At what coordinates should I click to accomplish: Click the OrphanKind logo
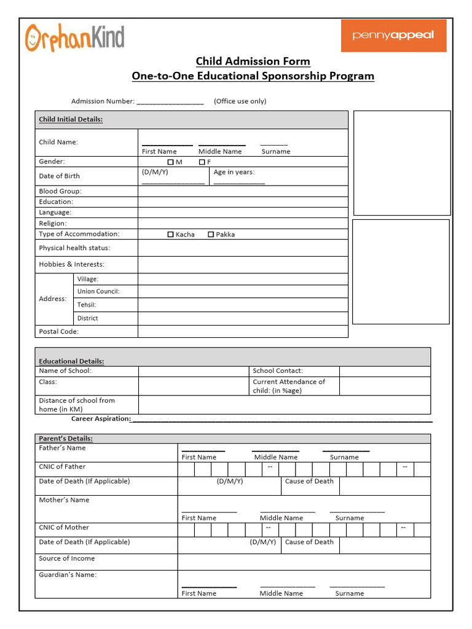tap(74, 37)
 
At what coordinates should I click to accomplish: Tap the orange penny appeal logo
tap(393, 35)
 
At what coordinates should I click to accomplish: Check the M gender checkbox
tap(171, 162)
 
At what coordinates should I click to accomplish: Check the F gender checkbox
tap(202, 162)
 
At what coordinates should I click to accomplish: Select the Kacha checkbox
tap(171, 235)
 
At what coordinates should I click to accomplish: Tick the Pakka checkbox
tap(211, 235)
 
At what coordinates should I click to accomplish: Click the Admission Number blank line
tap(170, 102)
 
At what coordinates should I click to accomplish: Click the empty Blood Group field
tap(243, 191)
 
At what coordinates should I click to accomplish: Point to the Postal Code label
tap(59, 332)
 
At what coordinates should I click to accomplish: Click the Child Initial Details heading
tap(71, 120)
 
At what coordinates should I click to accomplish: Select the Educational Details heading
tap(71, 361)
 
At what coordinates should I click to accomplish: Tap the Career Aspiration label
tap(101, 419)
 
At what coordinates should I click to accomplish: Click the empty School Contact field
tap(385, 371)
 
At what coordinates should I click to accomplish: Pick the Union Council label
tap(98, 292)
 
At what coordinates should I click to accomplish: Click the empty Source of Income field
tap(304, 562)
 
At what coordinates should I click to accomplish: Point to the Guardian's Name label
tap(68, 575)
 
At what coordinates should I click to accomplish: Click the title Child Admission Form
tap(253, 61)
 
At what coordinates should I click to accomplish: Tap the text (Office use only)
tap(240, 101)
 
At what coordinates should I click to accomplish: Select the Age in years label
tap(234, 173)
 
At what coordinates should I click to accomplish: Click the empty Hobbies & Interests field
tap(243, 265)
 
